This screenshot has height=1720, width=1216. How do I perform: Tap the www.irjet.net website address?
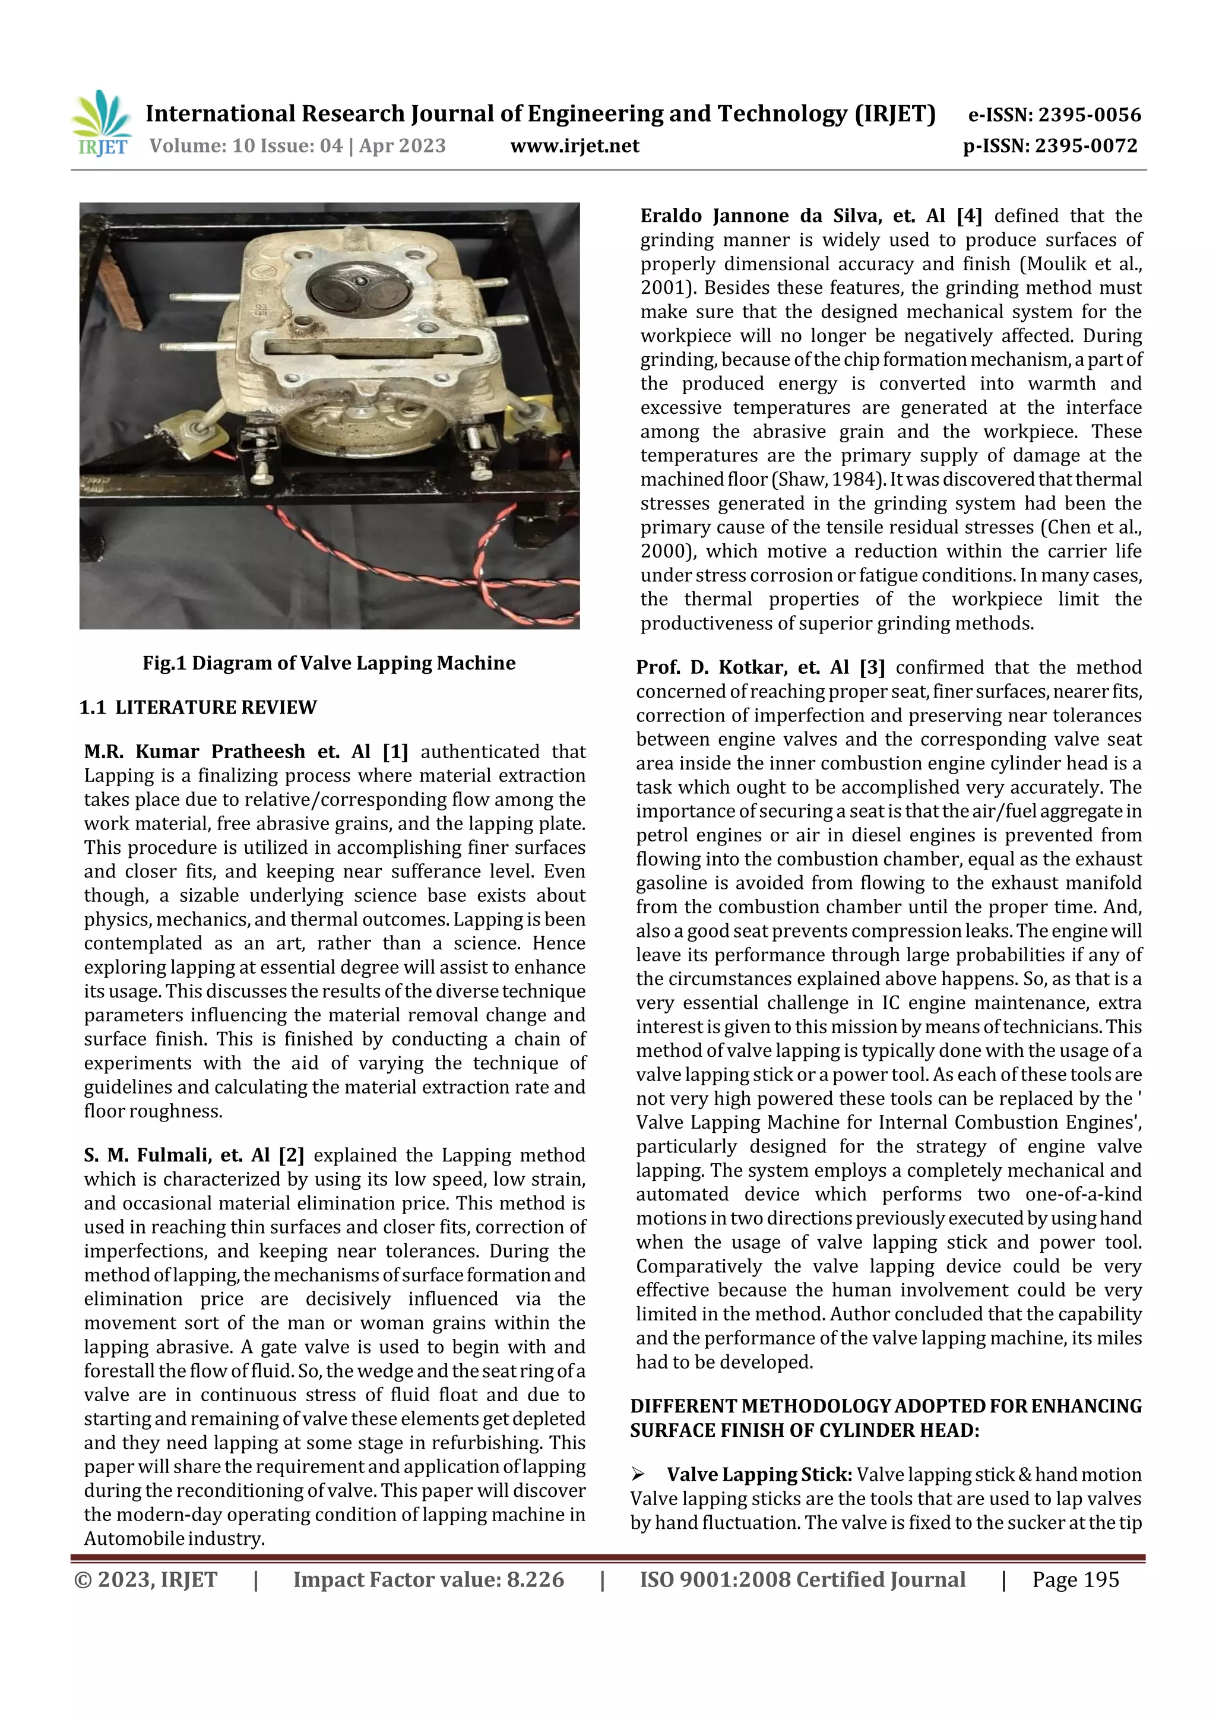pyautogui.click(x=575, y=146)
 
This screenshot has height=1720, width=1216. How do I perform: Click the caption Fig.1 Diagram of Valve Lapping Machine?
pyautogui.click(x=329, y=663)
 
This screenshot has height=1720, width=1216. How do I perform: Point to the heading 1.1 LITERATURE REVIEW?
pyautogui.click(x=198, y=707)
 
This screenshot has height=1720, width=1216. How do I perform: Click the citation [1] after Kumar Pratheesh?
pyautogui.click(x=395, y=752)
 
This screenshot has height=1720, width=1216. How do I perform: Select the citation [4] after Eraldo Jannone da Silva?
pyautogui.click(x=969, y=216)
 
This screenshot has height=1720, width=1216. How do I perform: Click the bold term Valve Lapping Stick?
pyautogui.click(x=759, y=1474)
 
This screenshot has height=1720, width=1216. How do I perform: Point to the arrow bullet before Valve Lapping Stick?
pyautogui.click(x=638, y=1474)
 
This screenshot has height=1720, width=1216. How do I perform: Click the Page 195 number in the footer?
pyautogui.click(x=1075, y=1579)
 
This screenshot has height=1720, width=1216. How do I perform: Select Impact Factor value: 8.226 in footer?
pyautogui.click(x=429, y=1579)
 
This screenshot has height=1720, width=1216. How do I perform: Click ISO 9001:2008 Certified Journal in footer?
pyautogui.click(x=802, y=1579)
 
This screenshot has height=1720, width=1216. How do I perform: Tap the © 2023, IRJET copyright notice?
pyautogui.click(x=146, y=1579)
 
